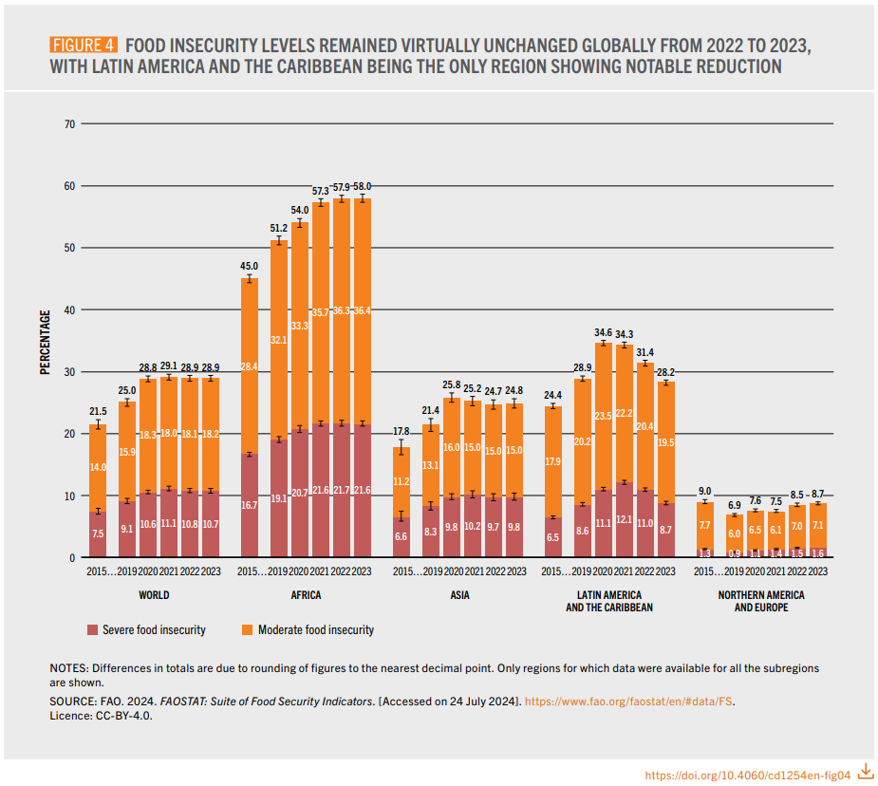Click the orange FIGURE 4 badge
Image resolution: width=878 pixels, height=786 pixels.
(83, 46)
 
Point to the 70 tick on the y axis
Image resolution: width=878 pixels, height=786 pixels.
(69, 123)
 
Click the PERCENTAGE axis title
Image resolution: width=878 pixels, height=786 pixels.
(45, 341)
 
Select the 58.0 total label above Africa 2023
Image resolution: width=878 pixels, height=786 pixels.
(362, 186)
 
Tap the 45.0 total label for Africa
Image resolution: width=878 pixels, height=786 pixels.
(249, 267)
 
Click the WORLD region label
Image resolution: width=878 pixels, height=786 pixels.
(153, 595)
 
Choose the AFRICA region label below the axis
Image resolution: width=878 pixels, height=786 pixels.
(305, 595)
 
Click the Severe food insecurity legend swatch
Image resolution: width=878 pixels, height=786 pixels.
(91, 630)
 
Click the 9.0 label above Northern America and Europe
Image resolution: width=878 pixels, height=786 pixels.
(704, 491)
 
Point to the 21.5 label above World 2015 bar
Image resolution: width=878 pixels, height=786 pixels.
(97, 411)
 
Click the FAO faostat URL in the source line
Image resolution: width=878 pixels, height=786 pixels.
(628, 702)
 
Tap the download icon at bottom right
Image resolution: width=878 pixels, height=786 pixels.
(865, 771)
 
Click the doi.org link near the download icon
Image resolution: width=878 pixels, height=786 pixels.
(747, 775)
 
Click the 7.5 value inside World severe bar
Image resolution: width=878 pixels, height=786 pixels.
(97, 534)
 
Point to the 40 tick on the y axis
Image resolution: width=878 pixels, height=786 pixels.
(69, 309)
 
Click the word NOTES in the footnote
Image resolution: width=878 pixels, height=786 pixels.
(68, 668)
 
